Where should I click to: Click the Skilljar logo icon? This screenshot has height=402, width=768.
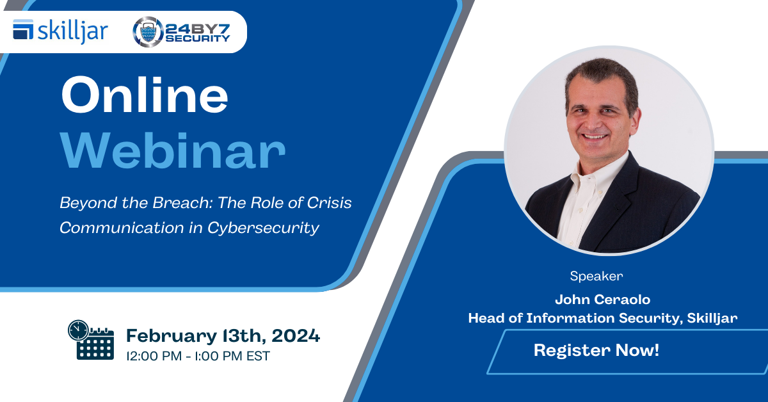(x=23, y=29)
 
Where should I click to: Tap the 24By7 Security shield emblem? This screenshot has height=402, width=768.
(x=148, y=32)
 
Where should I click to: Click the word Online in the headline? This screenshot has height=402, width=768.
(x=145, y=95)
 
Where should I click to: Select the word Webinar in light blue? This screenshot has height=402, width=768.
(x=173, y=150)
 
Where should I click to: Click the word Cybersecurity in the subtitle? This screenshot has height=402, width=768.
(x=263, y=229)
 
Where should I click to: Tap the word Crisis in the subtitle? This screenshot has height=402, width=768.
(x=329, y=203)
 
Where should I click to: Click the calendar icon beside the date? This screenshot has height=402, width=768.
(x=91, y=340)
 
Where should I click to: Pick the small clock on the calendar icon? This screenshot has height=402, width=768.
(x=79, y=330)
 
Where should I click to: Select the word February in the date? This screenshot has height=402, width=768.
(x=172, y=336)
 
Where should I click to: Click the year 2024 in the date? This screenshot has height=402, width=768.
(x=296, y=335)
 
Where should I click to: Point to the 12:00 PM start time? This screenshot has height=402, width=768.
(x=154, y=356)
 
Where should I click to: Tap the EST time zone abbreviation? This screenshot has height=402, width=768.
(x=258, y=356)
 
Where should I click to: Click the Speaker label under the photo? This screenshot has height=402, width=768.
(x=596, y=276)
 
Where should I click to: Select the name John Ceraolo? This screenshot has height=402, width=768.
(x=602, y=300)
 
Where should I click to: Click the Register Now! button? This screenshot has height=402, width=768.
(x=627, y=351)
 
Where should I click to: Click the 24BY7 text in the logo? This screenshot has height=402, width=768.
(x=198, y=29)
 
